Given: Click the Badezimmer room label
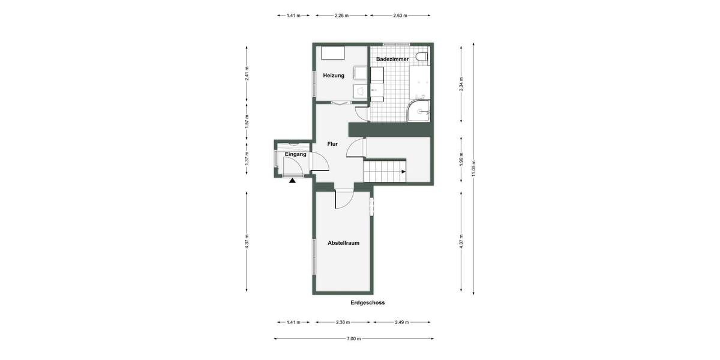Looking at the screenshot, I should click(392, 60).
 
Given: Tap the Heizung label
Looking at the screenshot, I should click(334, 76).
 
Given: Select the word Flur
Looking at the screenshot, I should click(332, 144).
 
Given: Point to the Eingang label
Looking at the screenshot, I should click(296, 154).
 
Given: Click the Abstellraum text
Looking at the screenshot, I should click(343, 243).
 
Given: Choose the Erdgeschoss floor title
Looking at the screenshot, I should click(367, 303).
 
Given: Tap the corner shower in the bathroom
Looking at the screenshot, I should click(419, 110).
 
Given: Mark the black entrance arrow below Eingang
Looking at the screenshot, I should click(292, 179).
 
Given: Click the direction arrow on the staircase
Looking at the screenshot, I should click(403, 172).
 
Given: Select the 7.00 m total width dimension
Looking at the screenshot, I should click(354, 339).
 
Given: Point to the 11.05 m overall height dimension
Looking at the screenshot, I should click(473, 168).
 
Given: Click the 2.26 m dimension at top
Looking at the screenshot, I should click(342, 16).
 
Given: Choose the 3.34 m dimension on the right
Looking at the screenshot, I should click(461, 83).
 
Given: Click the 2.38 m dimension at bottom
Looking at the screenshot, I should click(342, 322).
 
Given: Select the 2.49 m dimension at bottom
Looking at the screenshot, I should click(401, 322).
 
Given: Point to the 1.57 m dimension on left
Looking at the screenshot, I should click(247, 120).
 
